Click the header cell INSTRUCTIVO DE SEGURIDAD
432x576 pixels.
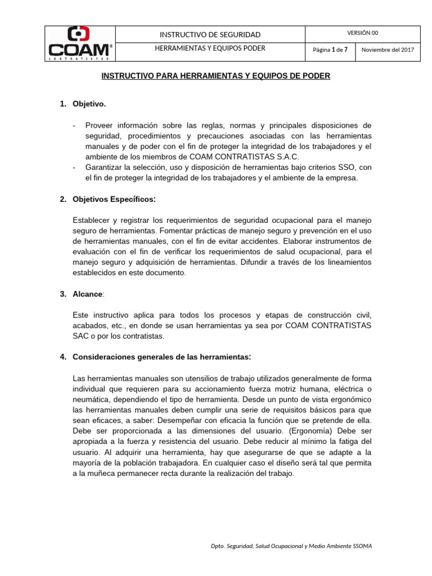[210, 35]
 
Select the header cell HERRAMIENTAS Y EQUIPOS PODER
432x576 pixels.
[210, 48]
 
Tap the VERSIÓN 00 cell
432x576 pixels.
[363, 33]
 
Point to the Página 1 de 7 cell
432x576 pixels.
[330, 49]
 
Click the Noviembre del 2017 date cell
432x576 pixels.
[388, 49]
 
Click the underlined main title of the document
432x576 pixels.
[215, 75]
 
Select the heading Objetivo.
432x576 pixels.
[89, 104]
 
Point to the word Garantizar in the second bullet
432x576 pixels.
[105, 168]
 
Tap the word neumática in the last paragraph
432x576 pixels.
[93, 399]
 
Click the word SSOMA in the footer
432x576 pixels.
[360, 546]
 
